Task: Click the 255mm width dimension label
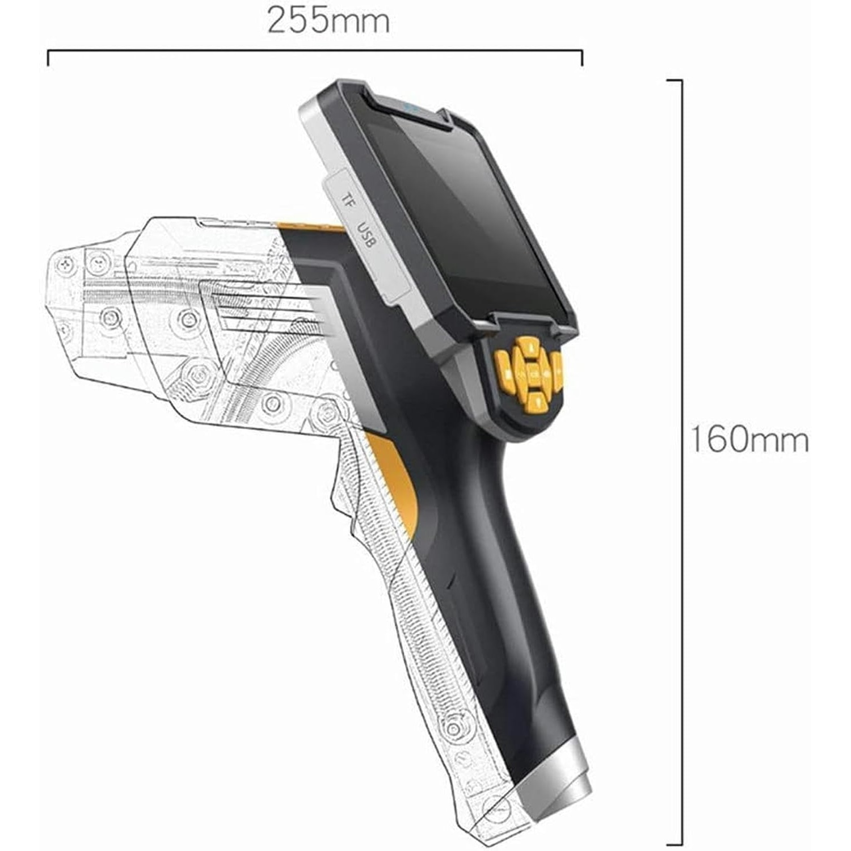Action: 328,21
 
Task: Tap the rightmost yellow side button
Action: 557,372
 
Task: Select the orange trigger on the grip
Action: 397,482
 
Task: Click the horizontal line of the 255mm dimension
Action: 315,51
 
